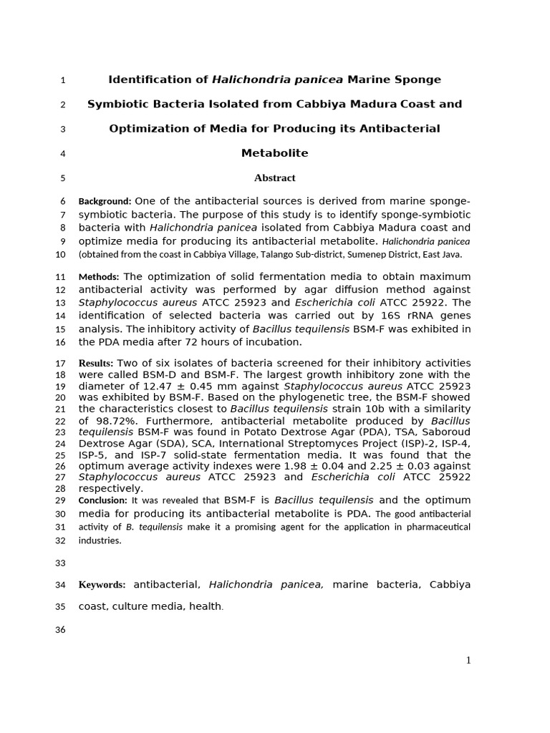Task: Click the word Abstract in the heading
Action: [274, 178]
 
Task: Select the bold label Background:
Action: [105, 201]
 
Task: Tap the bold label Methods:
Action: [100, 277]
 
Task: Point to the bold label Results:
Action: [96, 363]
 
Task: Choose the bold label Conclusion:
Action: [102, 500]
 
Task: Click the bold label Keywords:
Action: [102, 585]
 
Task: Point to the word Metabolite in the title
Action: [274, 153]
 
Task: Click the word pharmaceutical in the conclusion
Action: [436, 527]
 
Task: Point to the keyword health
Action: [206, 606]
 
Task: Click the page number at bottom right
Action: [468, 660]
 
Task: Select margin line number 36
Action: [60, 630]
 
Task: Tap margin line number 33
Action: [60, 563]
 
